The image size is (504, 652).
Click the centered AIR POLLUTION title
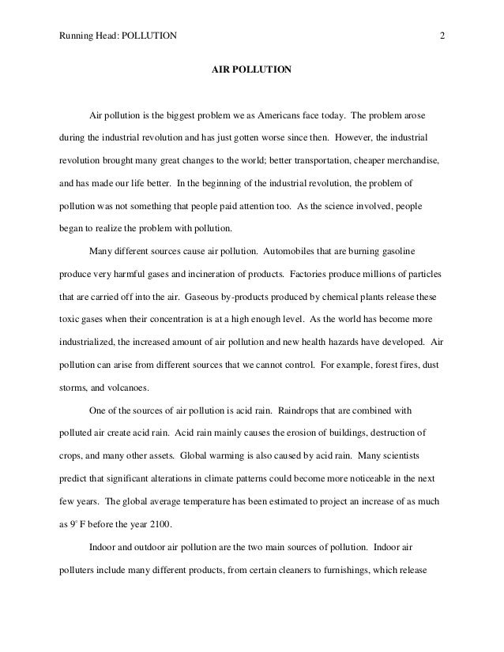[x=252, y=70]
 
